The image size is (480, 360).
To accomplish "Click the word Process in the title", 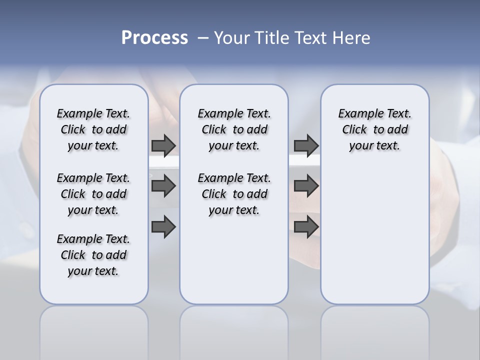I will tap(154, 38).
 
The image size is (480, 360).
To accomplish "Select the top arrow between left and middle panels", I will tap(163, 145).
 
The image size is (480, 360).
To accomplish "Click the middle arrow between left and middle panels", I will tap(163, 186).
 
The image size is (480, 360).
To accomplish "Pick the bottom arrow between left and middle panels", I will tap(163, 226).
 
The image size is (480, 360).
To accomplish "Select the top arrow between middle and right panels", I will tap(306, 145).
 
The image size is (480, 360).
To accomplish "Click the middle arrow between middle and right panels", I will tap(306, 186).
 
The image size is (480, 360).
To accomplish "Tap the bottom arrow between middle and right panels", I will tap(306, 226).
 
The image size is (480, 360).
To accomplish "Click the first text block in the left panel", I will tap(93, 129).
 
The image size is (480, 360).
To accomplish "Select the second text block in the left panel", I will tap(93, 194).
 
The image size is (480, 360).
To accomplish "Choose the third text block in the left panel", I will tap(93, 255).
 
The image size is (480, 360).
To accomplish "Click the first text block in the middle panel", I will tap(234, 129).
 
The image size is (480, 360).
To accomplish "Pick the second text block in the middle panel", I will tap(234, 194).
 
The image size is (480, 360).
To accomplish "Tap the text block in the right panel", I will tap(374, 129).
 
